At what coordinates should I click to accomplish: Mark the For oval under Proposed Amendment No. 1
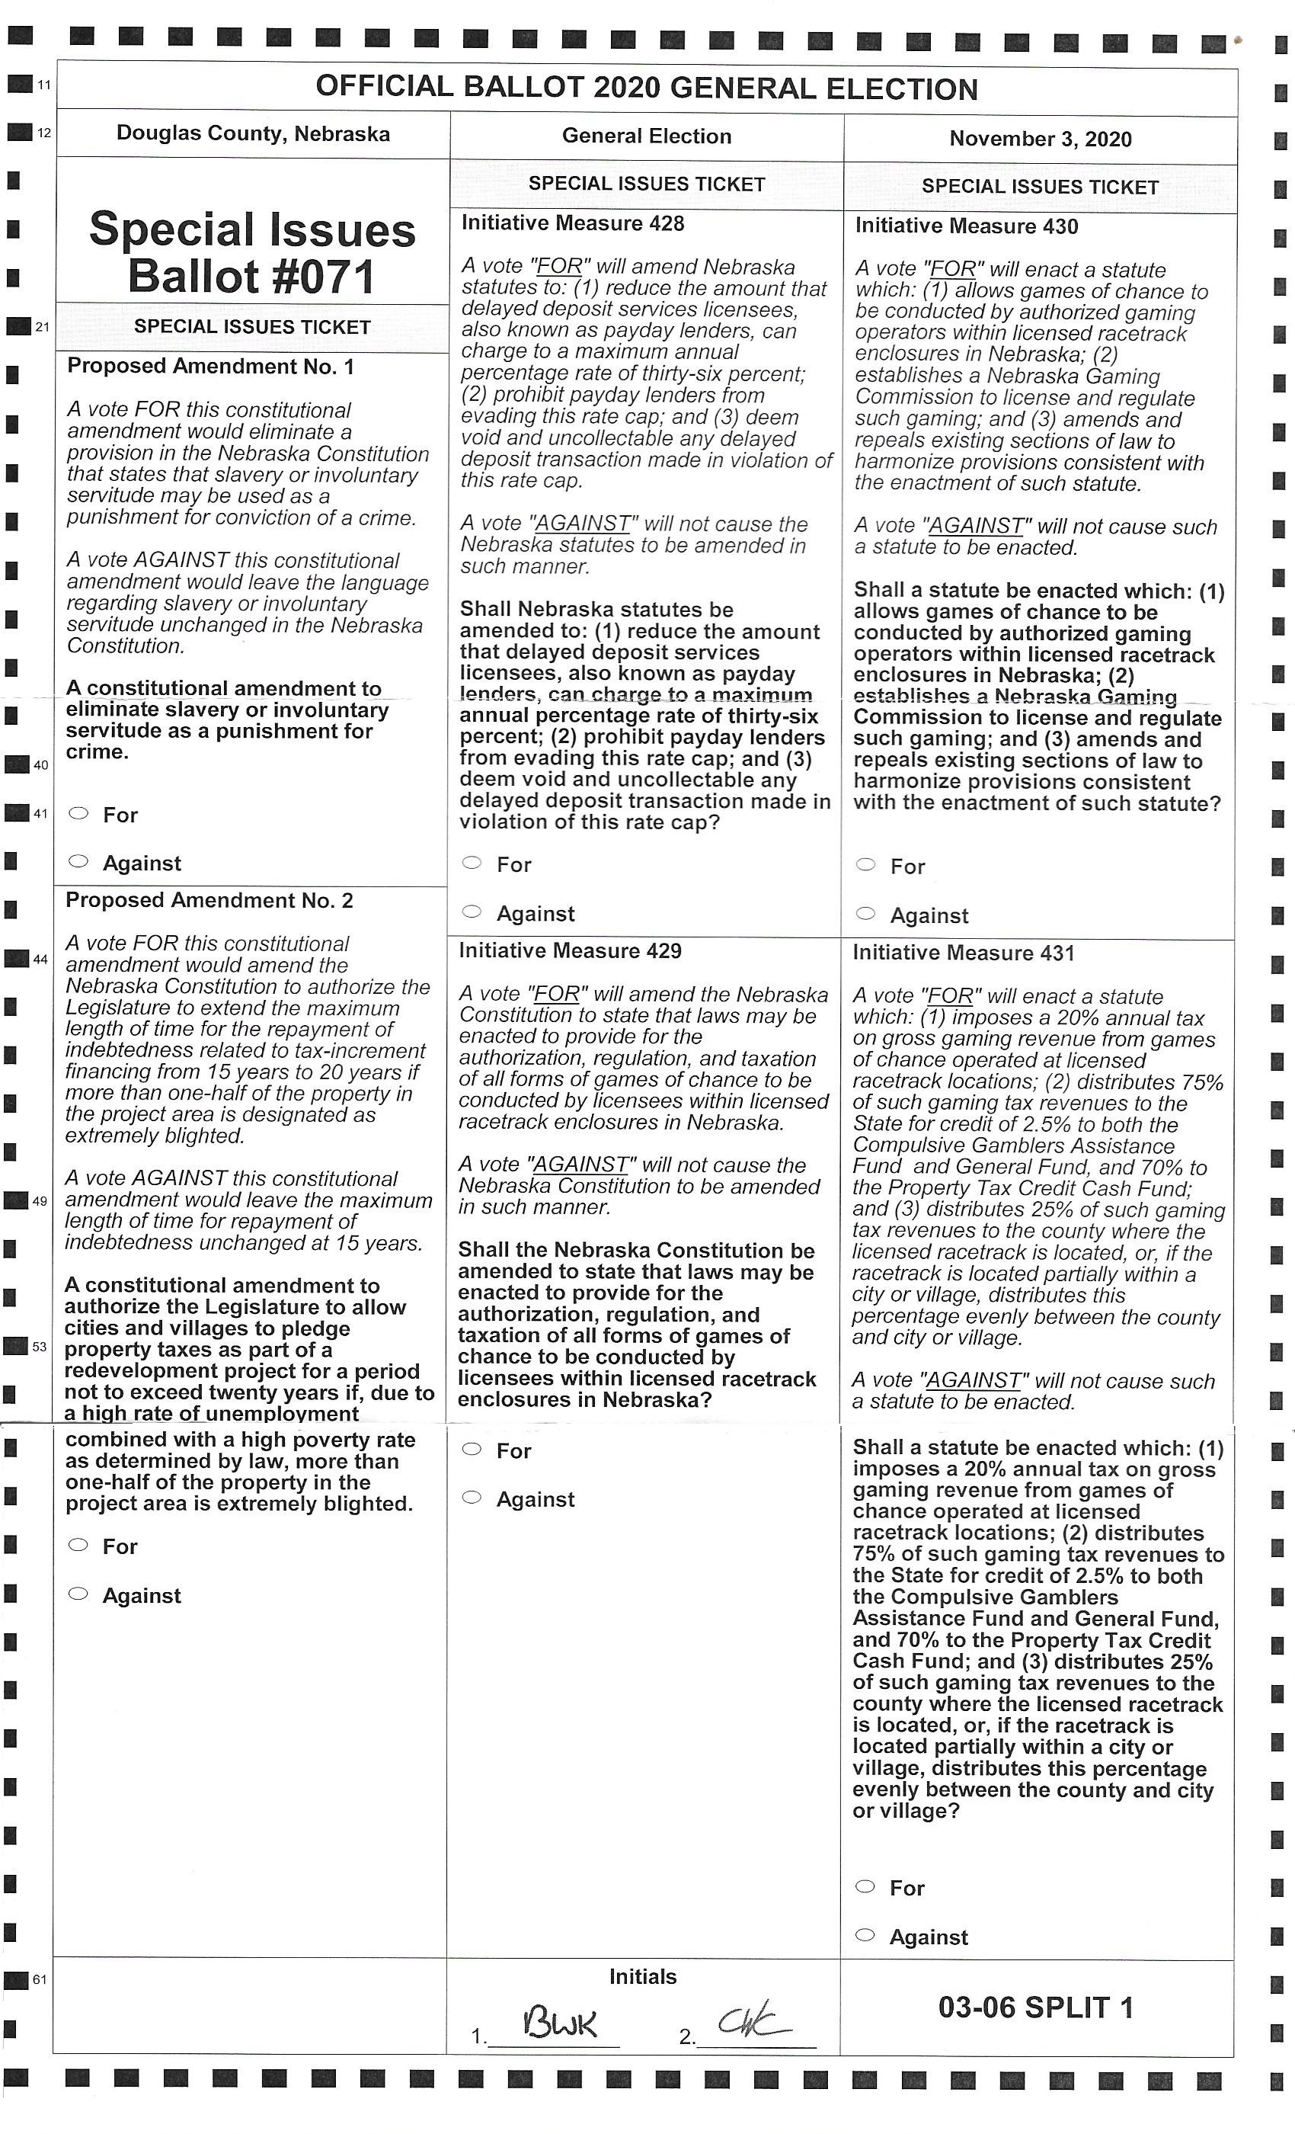coord(78,813)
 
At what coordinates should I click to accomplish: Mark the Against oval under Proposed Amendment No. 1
coord(78,861)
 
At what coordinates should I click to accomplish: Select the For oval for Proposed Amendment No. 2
coord(78,1545)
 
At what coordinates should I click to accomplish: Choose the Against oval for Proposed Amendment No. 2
coord(78,1594)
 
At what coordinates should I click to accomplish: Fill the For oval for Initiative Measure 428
coord(472,863)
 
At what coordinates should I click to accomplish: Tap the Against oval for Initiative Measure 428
coord(472,911)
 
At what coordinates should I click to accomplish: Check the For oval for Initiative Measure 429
coord(472,1449)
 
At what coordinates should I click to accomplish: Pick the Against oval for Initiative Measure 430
coord(865,913)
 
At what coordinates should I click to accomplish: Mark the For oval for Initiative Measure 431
coord(865,1886)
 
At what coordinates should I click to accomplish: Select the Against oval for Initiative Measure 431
coord(865,1935)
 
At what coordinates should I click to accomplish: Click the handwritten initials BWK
coord(559,2024)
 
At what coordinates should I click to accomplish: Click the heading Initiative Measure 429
coord(570,951)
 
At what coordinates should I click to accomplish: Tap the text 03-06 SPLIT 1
coord(1035,2007)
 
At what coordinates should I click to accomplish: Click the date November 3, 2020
coord(1040,139)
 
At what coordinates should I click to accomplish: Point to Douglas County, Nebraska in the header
coord(253,133)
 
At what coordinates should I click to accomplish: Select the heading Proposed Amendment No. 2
coord(209,901)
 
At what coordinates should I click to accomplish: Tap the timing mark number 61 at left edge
coord(40,1980)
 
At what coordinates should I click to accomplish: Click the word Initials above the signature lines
coord(642,1976)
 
